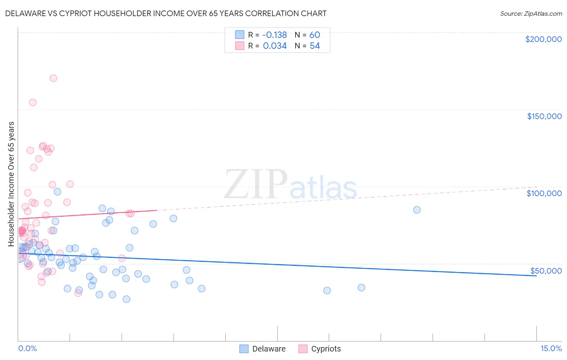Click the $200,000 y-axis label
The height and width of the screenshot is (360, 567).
coord(543,39)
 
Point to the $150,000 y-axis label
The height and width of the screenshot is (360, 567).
coord(544,116)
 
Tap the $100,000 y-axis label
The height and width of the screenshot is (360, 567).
coord(544,193)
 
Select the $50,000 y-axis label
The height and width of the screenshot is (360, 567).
coord(546,271)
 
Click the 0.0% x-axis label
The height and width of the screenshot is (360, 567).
coord(27,349)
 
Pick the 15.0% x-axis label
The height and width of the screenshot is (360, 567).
coord(551,349)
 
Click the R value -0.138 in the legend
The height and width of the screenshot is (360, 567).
coord(275,35)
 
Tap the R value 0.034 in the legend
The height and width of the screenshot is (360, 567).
coord(275,46)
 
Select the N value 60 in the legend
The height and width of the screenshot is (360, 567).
coord(315,35)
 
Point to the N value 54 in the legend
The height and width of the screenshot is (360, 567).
coord(315,46)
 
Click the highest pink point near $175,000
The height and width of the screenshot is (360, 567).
coord(53,78)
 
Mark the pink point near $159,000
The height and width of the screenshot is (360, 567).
coord(33,103)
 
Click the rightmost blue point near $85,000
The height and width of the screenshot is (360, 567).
coord(417,210)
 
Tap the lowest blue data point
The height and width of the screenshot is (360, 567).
coord(126,299)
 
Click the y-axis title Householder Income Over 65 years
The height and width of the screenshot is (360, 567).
coord(11,184)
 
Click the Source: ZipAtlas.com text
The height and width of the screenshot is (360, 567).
coord(531,14)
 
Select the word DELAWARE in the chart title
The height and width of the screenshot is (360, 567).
coord(28,14)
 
